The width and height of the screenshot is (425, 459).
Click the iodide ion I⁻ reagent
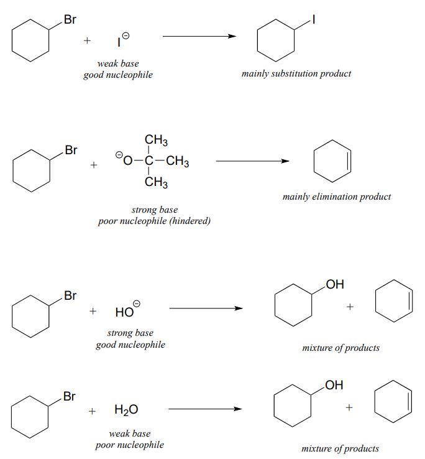(122, 42)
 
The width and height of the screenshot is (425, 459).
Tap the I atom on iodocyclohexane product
(313, 21)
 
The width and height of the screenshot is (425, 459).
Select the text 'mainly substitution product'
(296, 73)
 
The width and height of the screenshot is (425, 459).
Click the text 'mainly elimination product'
(337, 197)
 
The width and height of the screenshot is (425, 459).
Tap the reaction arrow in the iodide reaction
(199, 36)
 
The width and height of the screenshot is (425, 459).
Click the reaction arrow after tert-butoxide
(252, 161)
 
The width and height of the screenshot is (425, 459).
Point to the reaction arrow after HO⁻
(205, 308)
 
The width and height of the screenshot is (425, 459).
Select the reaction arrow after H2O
(205, 409)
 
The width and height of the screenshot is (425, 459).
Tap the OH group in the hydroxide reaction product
(334, 285)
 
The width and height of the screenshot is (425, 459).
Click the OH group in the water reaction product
(334, 386)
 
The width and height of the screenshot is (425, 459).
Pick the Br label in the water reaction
(70, 396)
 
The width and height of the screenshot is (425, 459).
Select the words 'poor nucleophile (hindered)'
(154, 221)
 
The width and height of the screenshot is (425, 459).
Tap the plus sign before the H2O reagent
(92, 410)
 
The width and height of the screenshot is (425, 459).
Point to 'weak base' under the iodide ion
(118, 63)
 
